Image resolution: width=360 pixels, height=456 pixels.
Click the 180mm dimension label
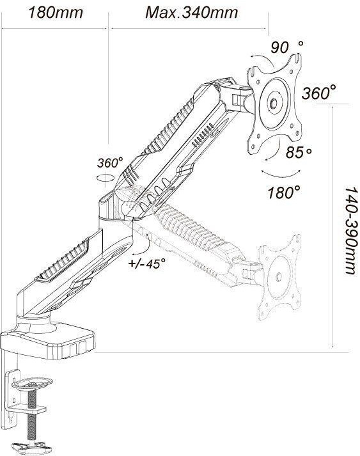click(55, 13)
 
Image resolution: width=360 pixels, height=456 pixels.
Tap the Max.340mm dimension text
click(192, 13)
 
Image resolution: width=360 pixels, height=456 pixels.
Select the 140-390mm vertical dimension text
click(350, 230)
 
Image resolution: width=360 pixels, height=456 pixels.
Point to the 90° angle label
click(287, 47)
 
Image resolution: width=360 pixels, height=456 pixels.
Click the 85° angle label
click(299, 152)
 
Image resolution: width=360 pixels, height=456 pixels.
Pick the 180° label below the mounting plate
click(283, 193)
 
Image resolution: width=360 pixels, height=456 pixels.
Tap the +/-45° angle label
click(147, 263)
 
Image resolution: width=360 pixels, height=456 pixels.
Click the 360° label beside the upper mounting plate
click(318, 93)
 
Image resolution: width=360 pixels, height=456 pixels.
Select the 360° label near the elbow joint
click(109, 162)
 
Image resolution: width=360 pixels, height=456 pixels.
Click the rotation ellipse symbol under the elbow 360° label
click(105, 178)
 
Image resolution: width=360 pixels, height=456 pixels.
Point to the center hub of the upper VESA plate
click(274, 102)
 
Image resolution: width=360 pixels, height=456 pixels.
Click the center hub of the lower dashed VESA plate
click(278, 276)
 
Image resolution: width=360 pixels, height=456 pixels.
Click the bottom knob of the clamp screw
click(31, 446)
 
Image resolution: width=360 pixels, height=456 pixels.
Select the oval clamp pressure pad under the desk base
click(32, 382)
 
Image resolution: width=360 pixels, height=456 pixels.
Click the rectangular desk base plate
click(48, 342)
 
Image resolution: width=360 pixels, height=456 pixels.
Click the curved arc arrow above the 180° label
click(280, 174)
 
